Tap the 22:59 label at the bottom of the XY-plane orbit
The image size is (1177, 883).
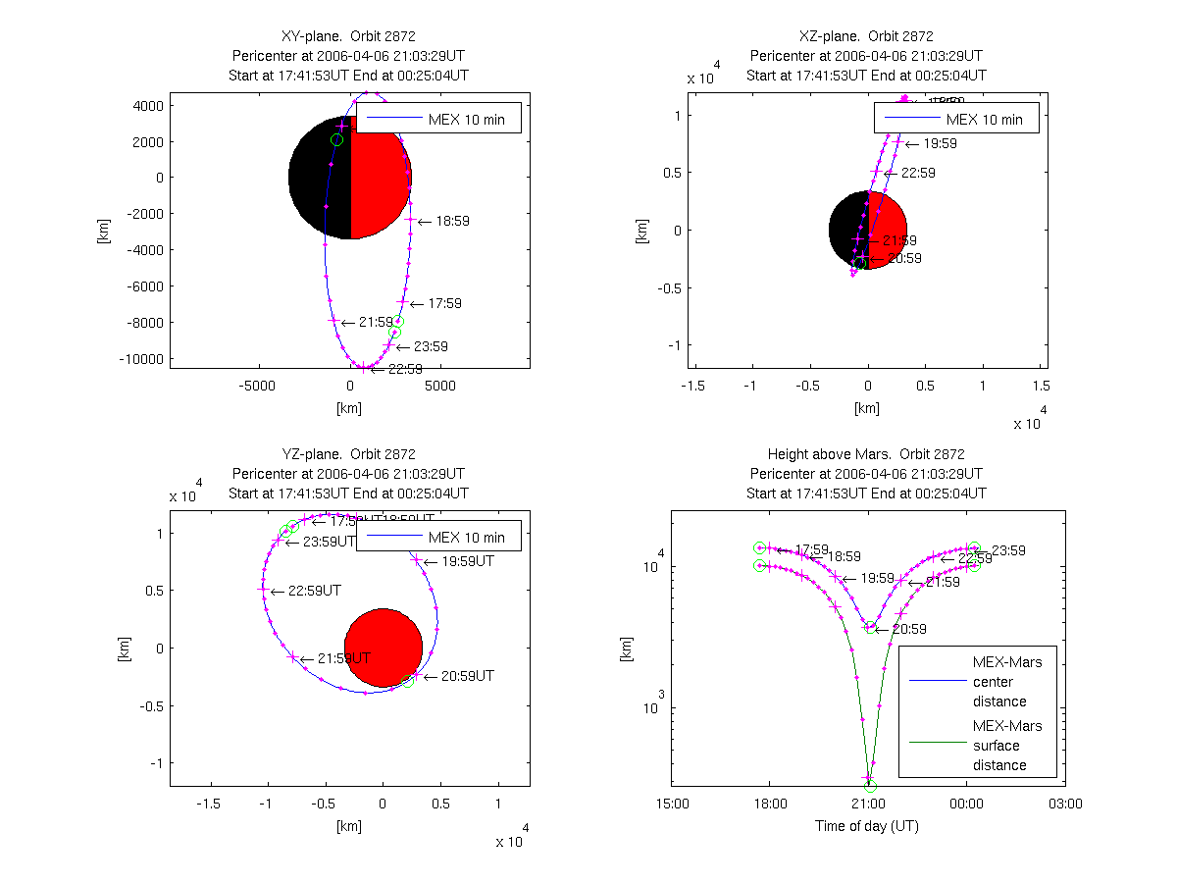[x=405, y=370]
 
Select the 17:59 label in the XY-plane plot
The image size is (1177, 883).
[x=444, y=304]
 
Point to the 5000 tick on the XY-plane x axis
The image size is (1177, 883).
[x=440, y=387]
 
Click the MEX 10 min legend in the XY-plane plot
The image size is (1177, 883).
[x=437, y=120]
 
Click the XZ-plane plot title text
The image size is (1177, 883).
[x=866, y=36]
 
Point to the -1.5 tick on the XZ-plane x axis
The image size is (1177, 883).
[x=693, y=387]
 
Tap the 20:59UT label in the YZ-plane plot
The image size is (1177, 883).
[x=467, y=677]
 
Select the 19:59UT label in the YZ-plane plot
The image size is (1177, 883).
[x=467, y=562]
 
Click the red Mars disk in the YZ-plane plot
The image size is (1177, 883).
[x=384, y=648]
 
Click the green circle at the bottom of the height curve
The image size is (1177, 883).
[x=870, y=786]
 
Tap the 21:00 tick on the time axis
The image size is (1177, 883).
[x=868, y=804]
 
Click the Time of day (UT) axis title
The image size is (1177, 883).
[x=867, y=826]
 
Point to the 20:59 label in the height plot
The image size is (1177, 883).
[x=909, y=630]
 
